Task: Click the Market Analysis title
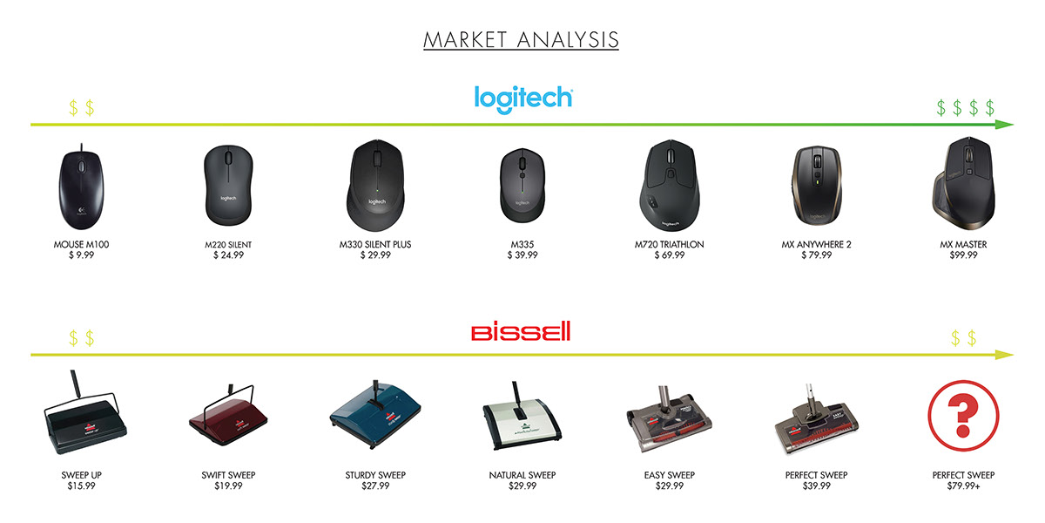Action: click(521, 40)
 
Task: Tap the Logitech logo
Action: click(522, 97)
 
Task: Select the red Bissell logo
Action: click(521, 331)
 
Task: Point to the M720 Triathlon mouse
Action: click(669, 186)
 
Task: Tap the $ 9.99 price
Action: click(81, 255)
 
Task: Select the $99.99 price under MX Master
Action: click(968, 255)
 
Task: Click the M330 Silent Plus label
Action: click(374, 245)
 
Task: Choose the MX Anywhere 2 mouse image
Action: click(816, 188)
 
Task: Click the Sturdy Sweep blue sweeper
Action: click(374, 415)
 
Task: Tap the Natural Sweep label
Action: click(522, 475)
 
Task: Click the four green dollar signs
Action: click(965, 108)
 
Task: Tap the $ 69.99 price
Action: click(669, 255)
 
